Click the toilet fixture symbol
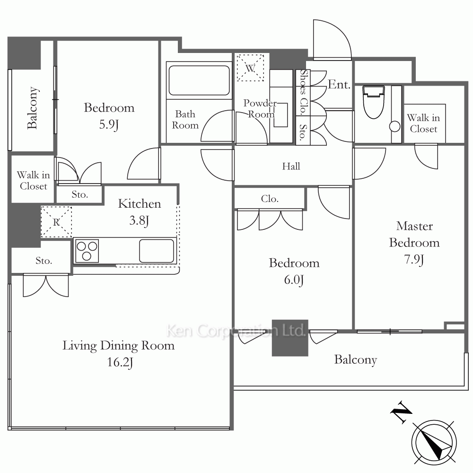(374, 102)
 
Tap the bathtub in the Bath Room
(199, 80)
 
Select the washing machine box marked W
(250, 68)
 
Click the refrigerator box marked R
(56, 222)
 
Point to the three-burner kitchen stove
(87, 251)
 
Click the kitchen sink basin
(157, 251)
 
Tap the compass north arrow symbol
(434, 443)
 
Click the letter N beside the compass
(401, 412)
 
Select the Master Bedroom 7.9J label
(414, 243)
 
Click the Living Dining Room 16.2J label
(119, 353)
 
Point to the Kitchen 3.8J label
(140, 212)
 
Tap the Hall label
(291, 166)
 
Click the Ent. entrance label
(339, 85)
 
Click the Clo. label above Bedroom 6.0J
(270, 199)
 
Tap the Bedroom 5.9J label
(109, 116)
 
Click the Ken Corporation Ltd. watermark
(236, 330)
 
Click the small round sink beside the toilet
(395, 126)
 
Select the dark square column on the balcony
(290, 338)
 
